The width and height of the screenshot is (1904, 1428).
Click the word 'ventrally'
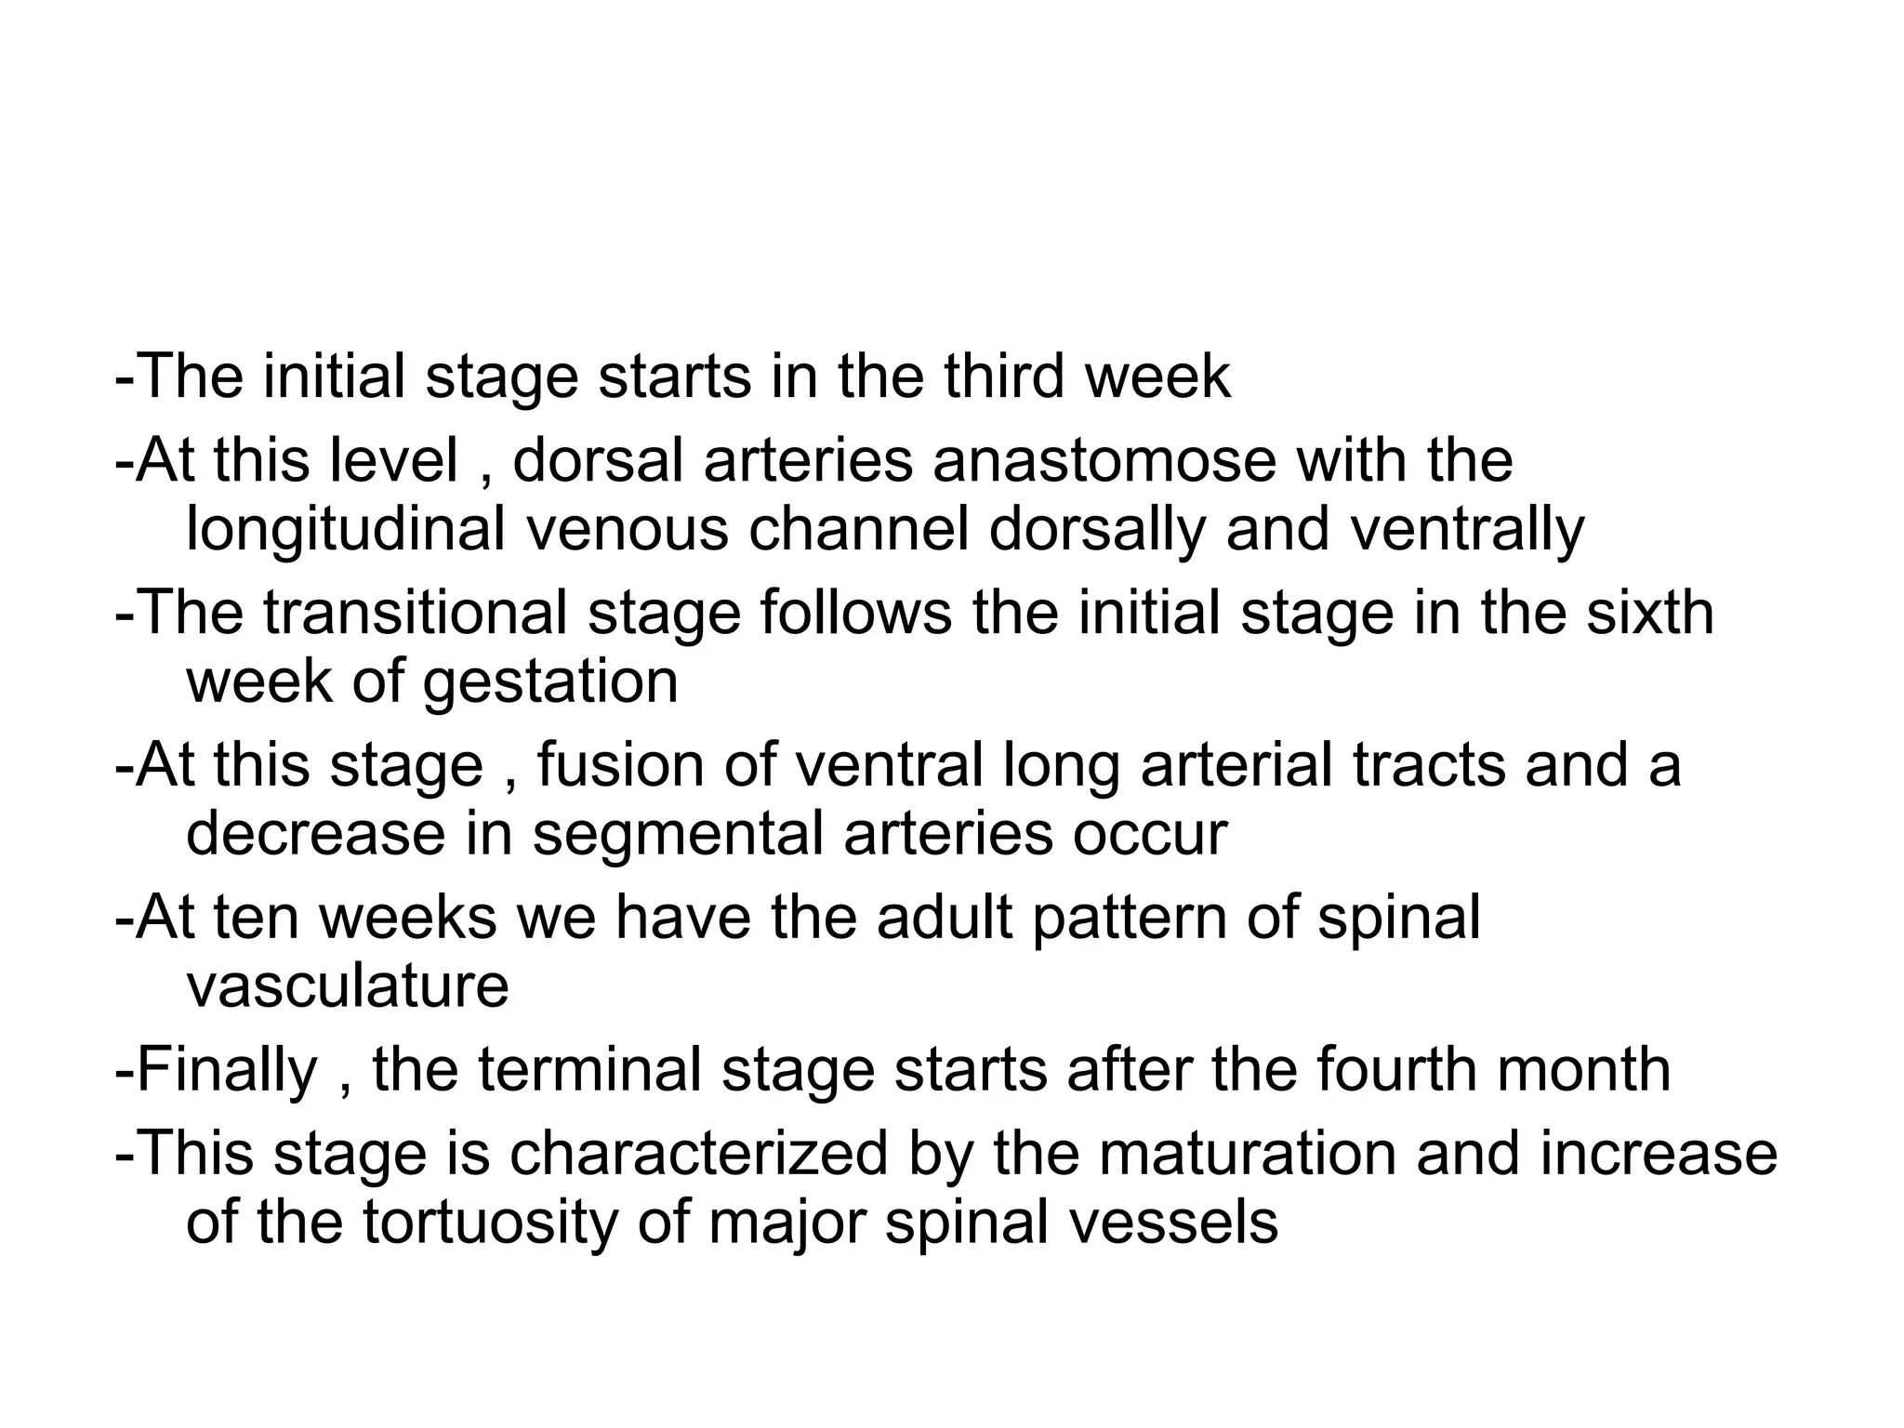coord(1466,530)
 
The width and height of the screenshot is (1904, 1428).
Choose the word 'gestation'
coord(550,683)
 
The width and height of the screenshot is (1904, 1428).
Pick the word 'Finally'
coord(228,1070)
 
